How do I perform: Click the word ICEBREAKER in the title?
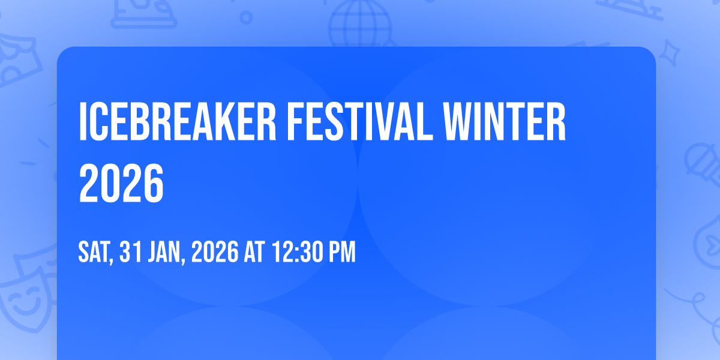pyautogui.click(x=178, y=121)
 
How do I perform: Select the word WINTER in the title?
pyautogui.click(x=505, y=121)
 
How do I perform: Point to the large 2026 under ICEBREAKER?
pyautogui.click(x=121, y=183)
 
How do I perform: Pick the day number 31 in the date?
pyautogui.click(x=131, y=252)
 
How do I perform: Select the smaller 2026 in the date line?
pyautogui.click(x=215, y=252)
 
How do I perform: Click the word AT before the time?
pyautogui.click(x=254, y=252)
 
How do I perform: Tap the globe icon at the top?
pyautogui.click(x=361, y=23)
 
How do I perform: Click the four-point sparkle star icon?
pyautogui.click(x=670, y=53)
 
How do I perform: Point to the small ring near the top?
pyautogui.click(x=246, y=17)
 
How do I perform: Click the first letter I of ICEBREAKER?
pyautogui.click(x=83, y=121)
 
